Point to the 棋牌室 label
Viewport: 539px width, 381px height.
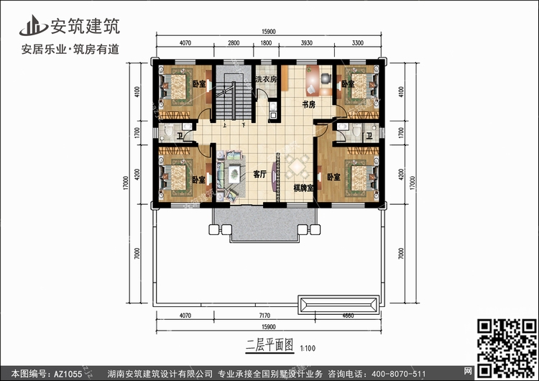click(303, 188)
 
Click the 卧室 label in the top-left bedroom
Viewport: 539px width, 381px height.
click(199, 84)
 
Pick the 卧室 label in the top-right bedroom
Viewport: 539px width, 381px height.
click(348, 84)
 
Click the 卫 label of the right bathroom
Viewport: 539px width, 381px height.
click(369, 135)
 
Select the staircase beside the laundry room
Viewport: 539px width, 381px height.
click(235, 97)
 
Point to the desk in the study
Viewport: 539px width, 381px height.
click(313, 80)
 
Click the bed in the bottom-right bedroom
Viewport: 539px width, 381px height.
click(360, 176)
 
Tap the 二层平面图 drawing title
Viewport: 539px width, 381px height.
click(259, 344)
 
